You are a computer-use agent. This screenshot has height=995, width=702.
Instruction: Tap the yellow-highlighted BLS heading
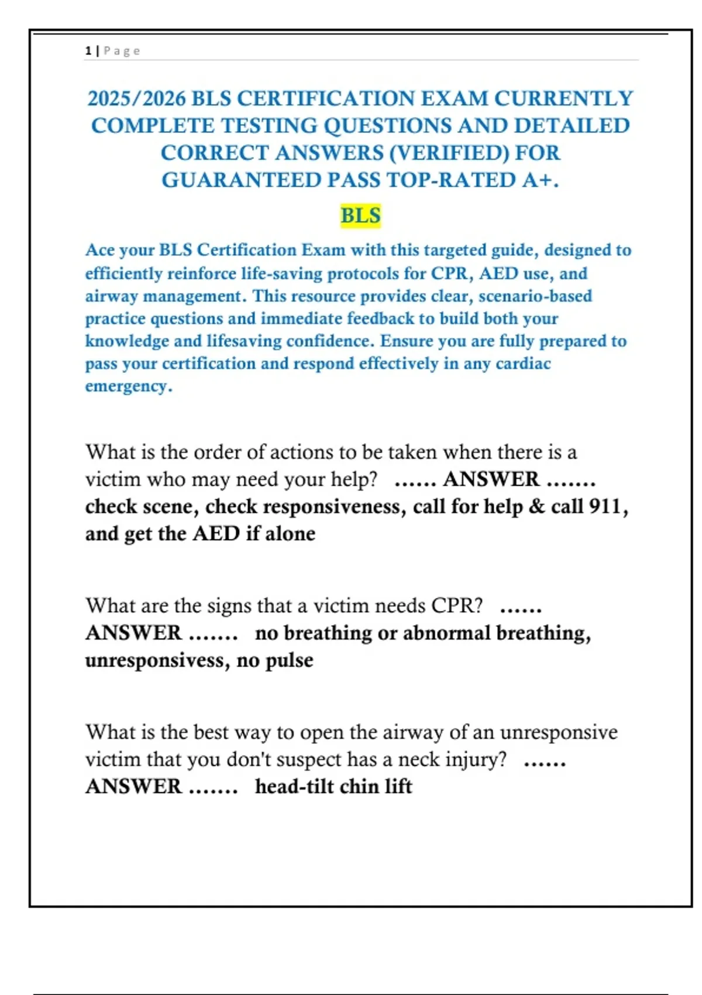click(360, 215)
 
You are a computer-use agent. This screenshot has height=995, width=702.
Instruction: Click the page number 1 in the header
click(88, 51)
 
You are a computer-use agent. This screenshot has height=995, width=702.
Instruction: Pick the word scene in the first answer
click(168, 506)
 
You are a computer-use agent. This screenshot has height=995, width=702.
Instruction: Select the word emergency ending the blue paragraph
click(126, 386)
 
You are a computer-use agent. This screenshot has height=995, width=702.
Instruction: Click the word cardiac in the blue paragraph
click(523, 363)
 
